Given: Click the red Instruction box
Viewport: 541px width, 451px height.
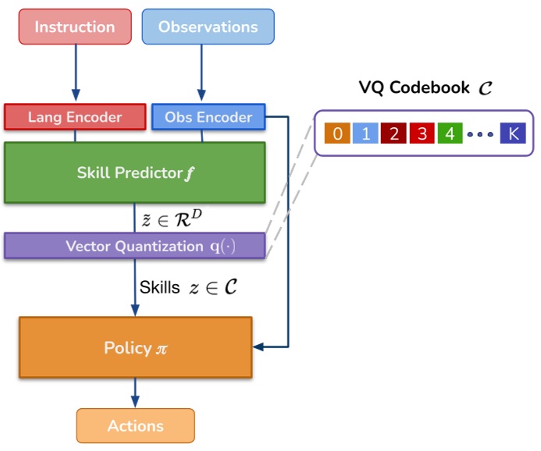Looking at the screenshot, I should (x=75, y=27).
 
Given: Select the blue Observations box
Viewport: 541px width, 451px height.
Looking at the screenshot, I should (x=208, y=27).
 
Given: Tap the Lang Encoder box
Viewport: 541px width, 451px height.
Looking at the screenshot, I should (x=75, y=117).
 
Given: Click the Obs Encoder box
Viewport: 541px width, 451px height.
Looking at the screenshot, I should (x=208, y=117).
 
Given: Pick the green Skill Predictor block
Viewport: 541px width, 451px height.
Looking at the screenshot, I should (x=135, y=172).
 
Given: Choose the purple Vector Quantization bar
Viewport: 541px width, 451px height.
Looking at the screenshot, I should (x=135, y=247).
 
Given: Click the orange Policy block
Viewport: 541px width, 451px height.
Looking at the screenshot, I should (x=135, y=347).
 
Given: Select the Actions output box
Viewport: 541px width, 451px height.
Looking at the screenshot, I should (x=135, y=426).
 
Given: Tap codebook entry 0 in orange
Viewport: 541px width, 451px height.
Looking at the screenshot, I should (x=337, y=133).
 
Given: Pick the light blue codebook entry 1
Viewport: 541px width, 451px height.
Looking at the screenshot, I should (x=365, y=133).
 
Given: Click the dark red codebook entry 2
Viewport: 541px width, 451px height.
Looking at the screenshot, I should (x=394, y=133).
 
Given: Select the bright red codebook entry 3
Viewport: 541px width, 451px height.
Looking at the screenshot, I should (x=422, y=133).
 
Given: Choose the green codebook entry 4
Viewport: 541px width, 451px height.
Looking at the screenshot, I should (x=450, y=133).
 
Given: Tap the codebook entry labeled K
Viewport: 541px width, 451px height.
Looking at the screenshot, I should (x=513, y=133).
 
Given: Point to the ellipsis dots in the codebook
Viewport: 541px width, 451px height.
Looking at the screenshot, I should (x=481, y=134).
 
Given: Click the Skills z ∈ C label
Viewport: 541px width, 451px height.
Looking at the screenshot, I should (x=187, y=287).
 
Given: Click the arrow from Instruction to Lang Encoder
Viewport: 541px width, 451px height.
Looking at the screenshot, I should (x=76, y=74).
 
